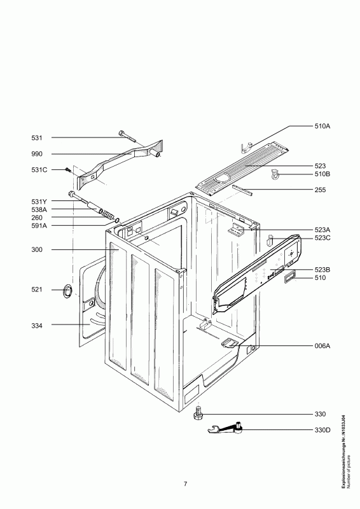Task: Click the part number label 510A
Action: pyautogui.click(x=322, y=126)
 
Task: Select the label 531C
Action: pyautogui.click(x=39, y=170)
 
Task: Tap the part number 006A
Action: pyautogui.click(x=322, y=346)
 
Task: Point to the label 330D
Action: pyautogui.click(x=322, y=431)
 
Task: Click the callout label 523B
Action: pyautogui.click(x=322, y=270)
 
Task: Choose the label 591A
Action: pyautogui.click(x=39, y=226)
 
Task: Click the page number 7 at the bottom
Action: pyautogui.click(x=185, y=484)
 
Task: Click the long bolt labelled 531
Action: pyautogui.click(x=128, y=136)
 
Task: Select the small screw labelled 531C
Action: pyautogui.click(x=68, y=169)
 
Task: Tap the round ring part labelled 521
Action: pyautogui.click(x=67, y=290)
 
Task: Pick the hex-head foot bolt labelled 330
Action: pyautogui.click(x=198, y=413)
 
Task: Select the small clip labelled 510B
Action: pyautogui.click(x=275, y=174)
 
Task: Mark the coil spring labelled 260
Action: pyautogui.click(x=107, y=214)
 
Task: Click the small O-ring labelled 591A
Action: pyautogui.click(x=116, y=221)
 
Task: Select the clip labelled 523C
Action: pyautogui.click(x=270, y=241)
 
